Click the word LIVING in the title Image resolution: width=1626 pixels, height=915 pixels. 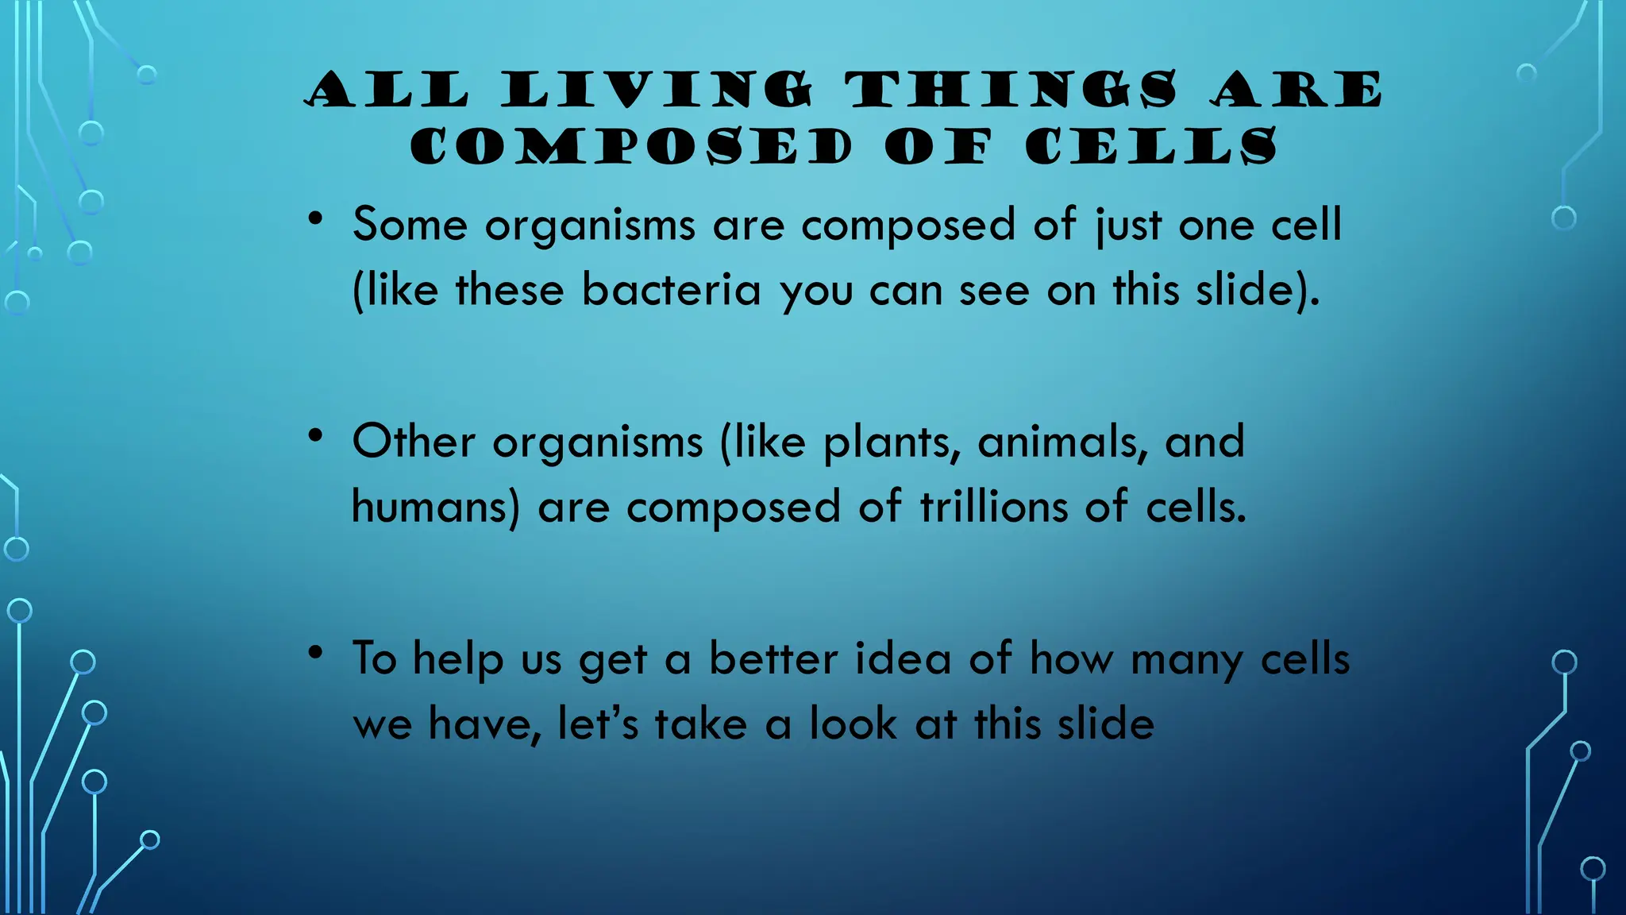pos(657,89)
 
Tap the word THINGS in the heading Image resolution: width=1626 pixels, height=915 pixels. pos(1011,89)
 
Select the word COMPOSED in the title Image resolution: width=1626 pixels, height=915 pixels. pos(631,147)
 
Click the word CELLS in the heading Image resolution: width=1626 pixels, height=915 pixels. pos(1151,147)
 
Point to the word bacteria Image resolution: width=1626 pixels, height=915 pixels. pos(672,290)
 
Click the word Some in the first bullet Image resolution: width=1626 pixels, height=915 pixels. pos(410,225)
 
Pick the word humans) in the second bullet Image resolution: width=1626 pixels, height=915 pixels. pos(436,507)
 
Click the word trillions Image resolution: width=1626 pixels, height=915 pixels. pos(993,507)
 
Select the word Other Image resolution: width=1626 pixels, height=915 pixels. pos(414,442)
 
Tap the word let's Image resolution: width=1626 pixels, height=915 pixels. pos(598,724)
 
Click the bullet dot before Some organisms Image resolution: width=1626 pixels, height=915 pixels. pos(316,218)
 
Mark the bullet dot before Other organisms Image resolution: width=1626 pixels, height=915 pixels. pos(316,435)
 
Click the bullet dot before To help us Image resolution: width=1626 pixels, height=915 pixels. pos(316,653)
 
